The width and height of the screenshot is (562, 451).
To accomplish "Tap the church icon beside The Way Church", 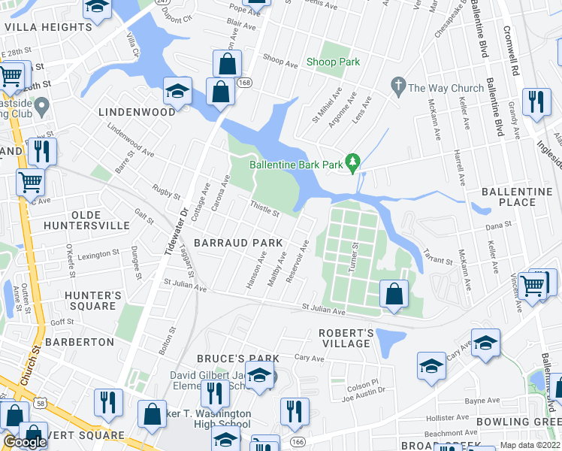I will point(398,88).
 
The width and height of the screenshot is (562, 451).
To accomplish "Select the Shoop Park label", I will point(334,62).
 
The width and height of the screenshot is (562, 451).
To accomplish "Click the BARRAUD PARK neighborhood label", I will point(238,243).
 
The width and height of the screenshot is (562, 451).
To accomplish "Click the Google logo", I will point(24,442).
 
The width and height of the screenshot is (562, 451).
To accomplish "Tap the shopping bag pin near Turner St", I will point(394,294).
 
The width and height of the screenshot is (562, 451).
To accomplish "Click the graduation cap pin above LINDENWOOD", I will point(177,91).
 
